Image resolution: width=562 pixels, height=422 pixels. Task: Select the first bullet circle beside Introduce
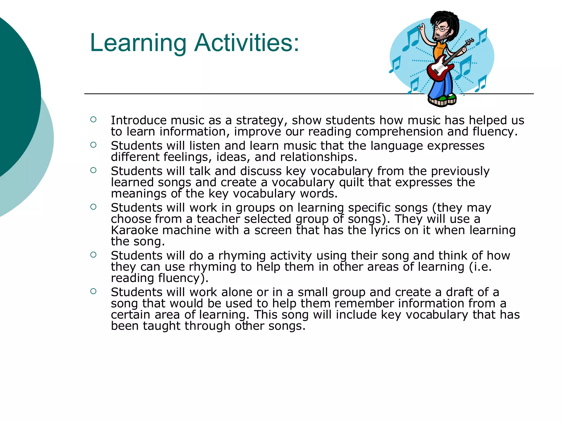(x=93, y=120)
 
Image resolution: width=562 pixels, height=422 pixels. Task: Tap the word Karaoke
(x=134, y=230)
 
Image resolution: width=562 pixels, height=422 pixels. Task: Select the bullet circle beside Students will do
(x=93, y=255)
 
